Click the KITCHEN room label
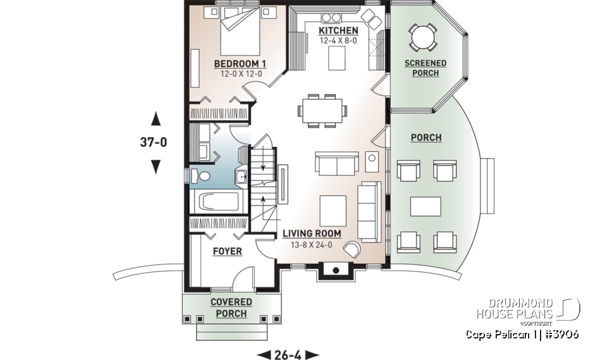click(338, 30)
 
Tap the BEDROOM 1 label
click(240, 63)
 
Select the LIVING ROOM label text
click(312, 233)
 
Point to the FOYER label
click(227, 251)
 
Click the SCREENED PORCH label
click(426, 68)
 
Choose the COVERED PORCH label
click(231, 307)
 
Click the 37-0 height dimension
click(153, 142)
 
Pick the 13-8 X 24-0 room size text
click(312, 244)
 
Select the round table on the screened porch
click(421, 37)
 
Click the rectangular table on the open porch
click(426, 206)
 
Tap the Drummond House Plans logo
click(528, 310)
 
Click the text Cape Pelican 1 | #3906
click(522, 334)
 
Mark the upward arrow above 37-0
click(156, 119)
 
